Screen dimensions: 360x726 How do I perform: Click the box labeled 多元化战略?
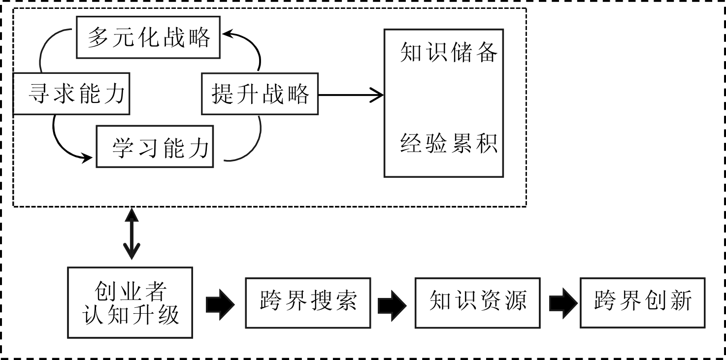click(148, 37)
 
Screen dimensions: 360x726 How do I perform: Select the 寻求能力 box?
click(71, 94)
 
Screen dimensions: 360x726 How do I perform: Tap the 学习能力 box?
click(155, 147)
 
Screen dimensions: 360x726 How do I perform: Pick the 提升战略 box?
click(260, 94)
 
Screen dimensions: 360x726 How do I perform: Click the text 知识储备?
click(448, 52)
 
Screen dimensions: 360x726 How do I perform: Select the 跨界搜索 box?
click(308, 302)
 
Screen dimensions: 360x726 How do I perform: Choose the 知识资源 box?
click(477, 302)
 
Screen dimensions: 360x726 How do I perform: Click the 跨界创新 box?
click(643, 302)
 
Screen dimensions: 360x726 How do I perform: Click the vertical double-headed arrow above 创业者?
click(132, 233)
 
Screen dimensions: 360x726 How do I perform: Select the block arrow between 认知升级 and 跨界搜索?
click(219, 302)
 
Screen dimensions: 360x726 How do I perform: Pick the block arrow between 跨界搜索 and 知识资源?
click(392, 302)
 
